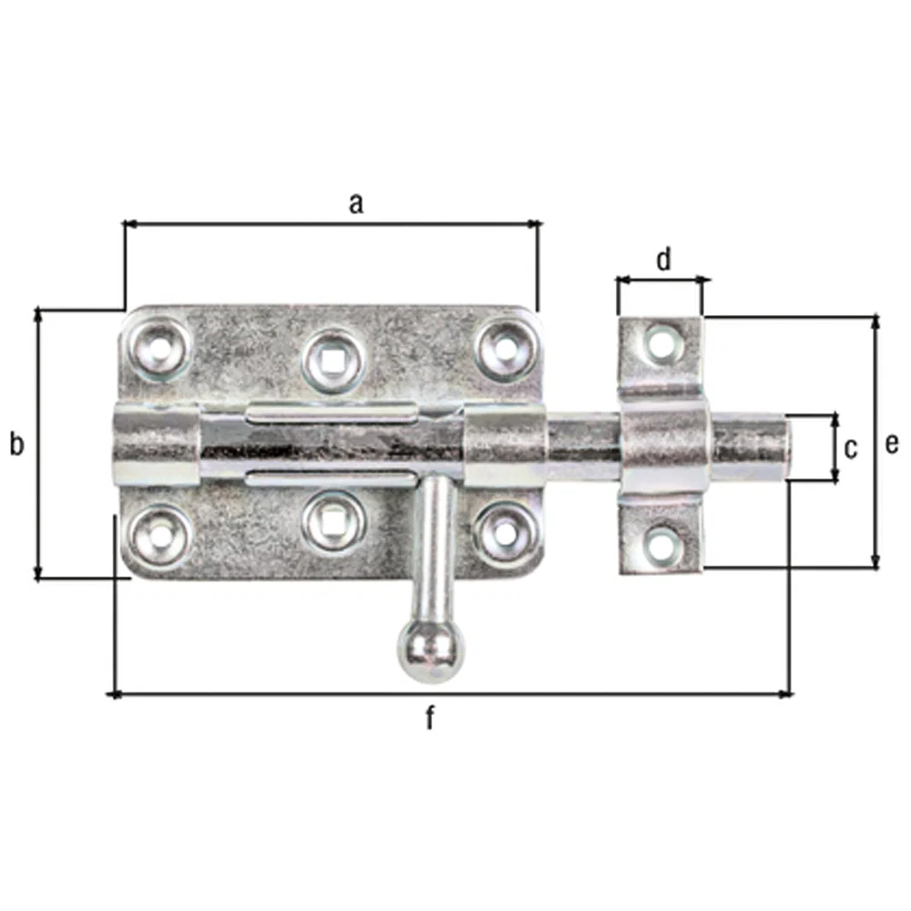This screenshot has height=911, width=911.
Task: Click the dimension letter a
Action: (356, 204)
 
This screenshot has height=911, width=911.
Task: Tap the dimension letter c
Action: (851, 449)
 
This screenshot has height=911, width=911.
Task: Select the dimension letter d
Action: (663, 259)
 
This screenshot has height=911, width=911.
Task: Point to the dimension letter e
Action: (891, 445)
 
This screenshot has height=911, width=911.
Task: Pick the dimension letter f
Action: (430, 717)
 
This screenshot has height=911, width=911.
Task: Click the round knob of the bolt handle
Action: (431, 652)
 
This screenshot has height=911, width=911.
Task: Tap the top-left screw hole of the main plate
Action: (159, 350)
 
